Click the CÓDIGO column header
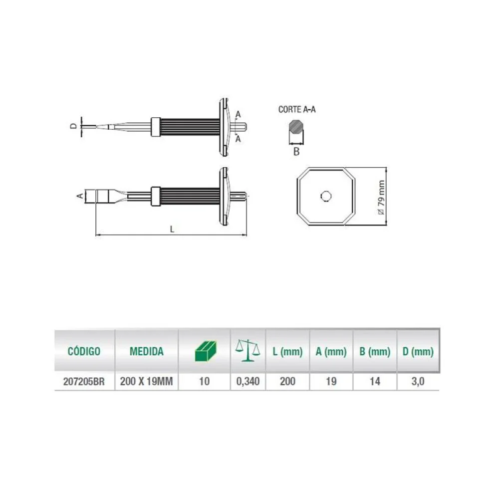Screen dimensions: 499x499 coord(84,351)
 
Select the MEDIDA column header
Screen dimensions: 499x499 coord(146,351)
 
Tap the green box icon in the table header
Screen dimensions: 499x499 coord(205,351)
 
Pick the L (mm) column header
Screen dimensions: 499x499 coord(287,351)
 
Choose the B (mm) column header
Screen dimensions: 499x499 coord(374,351)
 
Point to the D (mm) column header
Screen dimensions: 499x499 coord(418,351)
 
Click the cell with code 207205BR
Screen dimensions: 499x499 coord(84,382)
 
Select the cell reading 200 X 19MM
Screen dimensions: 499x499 coord(146,382)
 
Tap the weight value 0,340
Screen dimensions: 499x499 coord(248,382)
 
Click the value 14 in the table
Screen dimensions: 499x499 coord(374,382)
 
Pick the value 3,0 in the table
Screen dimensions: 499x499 coord(418,382)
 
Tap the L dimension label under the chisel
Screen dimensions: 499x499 coord(172,229)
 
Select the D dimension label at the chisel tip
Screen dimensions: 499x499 coord(73,126)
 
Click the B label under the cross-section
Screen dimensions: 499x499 coord(296,152)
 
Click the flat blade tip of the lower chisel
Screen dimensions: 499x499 coord(93,196)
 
